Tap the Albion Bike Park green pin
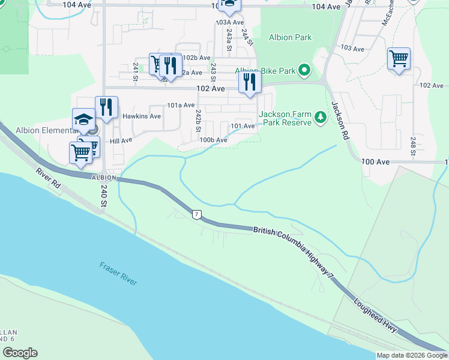coord(304,71)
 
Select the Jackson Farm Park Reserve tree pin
coord(321,118)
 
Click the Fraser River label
coord(118,274)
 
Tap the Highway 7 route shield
coord(196,214)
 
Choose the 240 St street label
coord(103,197)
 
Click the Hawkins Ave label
coord(142,116)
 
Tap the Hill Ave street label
coord(121,140)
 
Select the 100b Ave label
coord(214,140)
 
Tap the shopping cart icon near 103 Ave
coord(399,59)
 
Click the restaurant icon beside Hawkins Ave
coord(106,107)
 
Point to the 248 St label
coord(414,145)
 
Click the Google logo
coord(20,353)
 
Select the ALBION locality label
coord(103,178)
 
